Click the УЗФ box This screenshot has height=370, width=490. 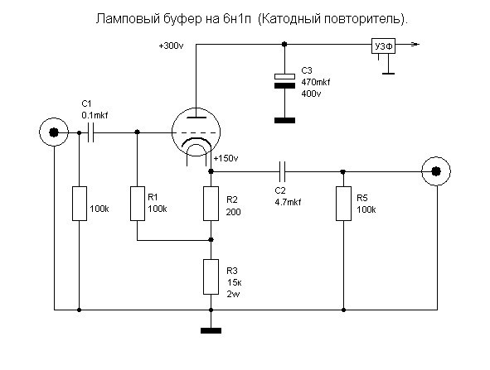point(383,46)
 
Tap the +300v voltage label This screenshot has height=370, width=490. point(172,46)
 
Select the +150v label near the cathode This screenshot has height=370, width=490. point(226,158)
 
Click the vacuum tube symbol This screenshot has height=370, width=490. point(196,132)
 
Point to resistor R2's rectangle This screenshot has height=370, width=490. point(211,204)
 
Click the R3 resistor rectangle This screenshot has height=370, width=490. point(211,276)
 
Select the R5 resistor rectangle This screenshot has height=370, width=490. point(343,204)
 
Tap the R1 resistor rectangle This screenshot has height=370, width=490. point(137,204)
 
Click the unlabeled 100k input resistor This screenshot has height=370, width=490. point(80,204)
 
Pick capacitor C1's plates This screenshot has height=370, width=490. point(90,132)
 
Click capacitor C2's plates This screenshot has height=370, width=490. point(282,171)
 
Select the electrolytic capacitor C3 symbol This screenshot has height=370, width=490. point(284,81)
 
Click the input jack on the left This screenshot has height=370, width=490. point(54,132)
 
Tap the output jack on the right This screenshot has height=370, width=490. point(436,171)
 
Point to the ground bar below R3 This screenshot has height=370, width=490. point(211,331)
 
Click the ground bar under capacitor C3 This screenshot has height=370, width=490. point(284,120)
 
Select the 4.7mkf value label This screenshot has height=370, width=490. point(288,202)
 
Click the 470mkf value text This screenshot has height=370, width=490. point(316,82)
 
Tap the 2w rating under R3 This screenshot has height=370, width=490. point(234,294)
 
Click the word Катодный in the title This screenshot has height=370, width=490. point(290,19)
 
